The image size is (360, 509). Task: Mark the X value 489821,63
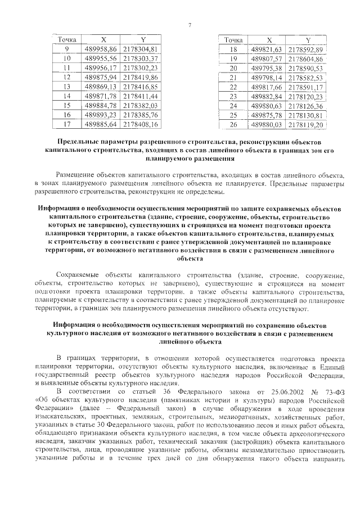click(267, 49)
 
